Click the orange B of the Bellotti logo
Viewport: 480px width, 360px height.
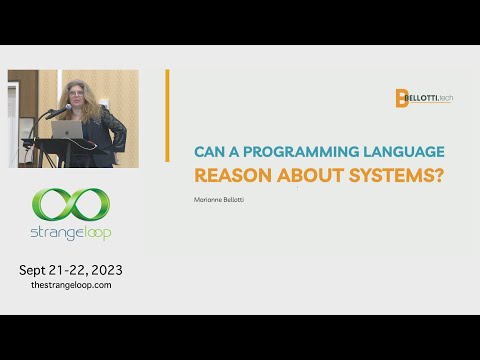[401, 98]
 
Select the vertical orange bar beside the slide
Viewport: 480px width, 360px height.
[167, 115]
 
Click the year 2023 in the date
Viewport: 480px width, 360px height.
[103, 270]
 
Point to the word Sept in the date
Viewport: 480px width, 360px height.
[35, 270]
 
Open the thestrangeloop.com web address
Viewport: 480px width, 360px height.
[70, 285]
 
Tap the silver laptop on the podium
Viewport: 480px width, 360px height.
[68, 129]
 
